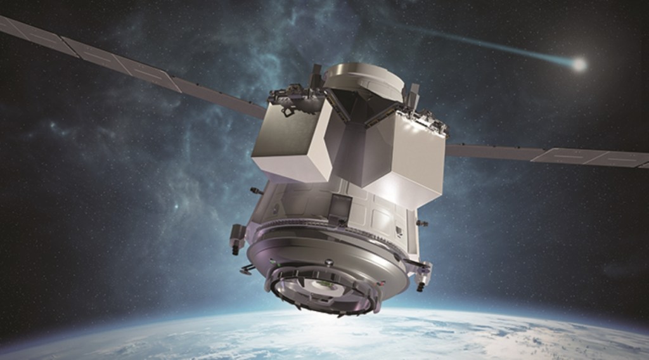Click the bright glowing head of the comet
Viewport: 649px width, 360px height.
pyautogui.click(x=578, y=64)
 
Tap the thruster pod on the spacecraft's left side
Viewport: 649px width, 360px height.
pyautogui.click(x=238, y=238)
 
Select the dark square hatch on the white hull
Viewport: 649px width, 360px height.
pyautogui.click(x=340, y=207)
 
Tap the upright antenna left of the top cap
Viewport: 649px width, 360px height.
pyautogui.click(x=316, y=76)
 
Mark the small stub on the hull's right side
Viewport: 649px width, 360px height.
pyautogui.click(x=422, y=223)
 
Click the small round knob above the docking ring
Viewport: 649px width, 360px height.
pyautogui.click(x=329, y=262)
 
